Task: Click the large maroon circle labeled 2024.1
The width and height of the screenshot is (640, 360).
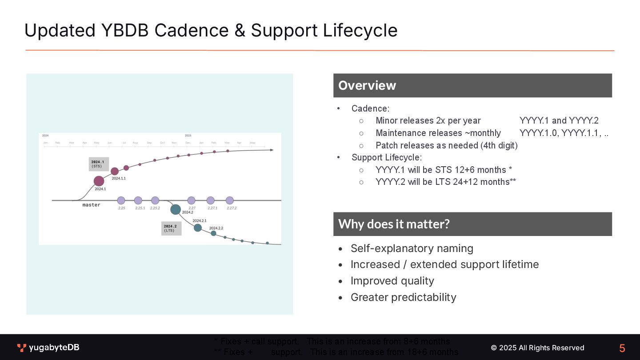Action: [99, 181]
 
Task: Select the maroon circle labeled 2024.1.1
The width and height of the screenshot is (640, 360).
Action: [115, 171]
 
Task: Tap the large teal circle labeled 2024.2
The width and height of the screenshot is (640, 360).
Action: [176, 209]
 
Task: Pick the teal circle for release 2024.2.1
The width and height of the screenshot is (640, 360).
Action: [198, 228]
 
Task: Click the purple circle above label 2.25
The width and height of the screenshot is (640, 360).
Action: [121, 200]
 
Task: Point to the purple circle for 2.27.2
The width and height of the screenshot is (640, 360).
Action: [230, 200]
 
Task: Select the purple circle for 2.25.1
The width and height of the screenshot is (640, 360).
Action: [138, 200]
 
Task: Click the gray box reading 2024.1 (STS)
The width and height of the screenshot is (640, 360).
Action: [99, 164]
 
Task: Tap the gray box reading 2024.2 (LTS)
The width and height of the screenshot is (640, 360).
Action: [171, 228]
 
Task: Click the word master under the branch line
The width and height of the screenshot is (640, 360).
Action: [92, 205]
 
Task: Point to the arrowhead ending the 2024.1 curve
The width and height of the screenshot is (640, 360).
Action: [272, 150]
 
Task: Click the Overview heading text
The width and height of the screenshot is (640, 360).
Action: [367, 85]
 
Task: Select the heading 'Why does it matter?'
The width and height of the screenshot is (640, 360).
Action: [394, 224]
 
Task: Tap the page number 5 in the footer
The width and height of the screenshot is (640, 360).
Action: [622, 348]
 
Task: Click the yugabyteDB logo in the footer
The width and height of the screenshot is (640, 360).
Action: [48, 348]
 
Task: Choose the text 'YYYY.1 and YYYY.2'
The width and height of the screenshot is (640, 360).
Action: [559, 120]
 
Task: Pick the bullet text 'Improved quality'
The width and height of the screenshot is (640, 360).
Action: [392, 281]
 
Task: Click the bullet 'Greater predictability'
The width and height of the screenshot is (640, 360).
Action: [403, 297]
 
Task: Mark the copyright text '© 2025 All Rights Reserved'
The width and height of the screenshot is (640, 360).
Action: [537, 348]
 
